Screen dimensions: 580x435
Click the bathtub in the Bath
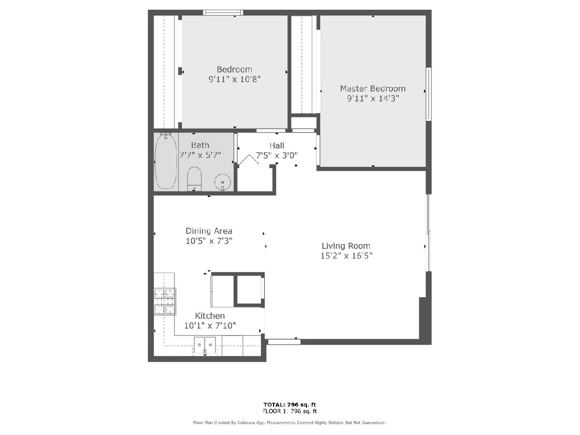pyautogui.click(x=166, y=161)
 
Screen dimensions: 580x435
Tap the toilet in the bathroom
pyautogui.click(x=194, y=178)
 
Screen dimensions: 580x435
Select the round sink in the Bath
pyautogui.click(x=222, y=182)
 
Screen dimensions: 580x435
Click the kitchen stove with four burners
pyautogui.click(x=165, y=301)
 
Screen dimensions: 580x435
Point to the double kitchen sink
pyautogui.click(x=205, y=345)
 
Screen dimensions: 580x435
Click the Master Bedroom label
pyautogui.click(x=373, y=88)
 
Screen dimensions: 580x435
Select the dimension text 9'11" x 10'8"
pyautogui.click(x=234, y=79)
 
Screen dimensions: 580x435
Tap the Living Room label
pyautogui.click(x=346, y=246)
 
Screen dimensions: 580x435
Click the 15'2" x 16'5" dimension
pyautogui.click(x=346, y=256)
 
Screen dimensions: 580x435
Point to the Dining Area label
pyautogui.click(x=209, y=231)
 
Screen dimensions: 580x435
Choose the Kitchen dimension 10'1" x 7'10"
pyautogui.click(x=210, y=326)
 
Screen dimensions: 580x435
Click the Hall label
pyautogui.click(x=276, y=145)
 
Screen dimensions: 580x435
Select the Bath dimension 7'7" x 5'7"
pyautogui.click(x=200, y=155)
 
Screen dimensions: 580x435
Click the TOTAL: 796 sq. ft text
pyautogui.click(x=290, y=405)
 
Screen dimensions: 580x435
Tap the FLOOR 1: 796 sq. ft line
pyautogui.click(x=290, y=411)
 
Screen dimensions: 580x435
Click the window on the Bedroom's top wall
pyautogui.click(x=223, y=13)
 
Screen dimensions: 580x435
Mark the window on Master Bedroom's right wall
pyautogui.click(x=429, y=94)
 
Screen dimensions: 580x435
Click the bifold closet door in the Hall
pyautogui.click(x=248, y=159)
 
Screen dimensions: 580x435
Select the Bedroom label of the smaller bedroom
pyautogui.click(x=234, y=70)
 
